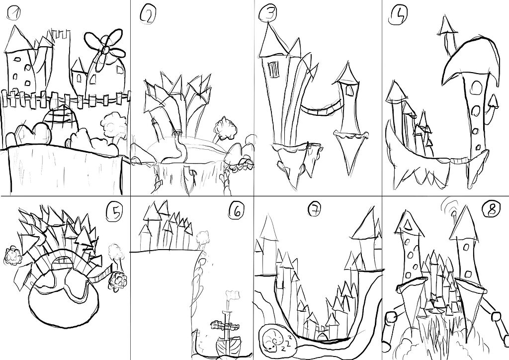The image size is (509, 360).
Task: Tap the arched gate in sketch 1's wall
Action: click(x=62, y=119)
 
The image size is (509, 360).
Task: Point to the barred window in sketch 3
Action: click(x=273, y=70)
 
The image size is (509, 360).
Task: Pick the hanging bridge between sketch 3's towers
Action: click(x=318, y=108)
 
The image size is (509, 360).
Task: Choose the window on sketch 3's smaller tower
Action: click(x=347, y=90)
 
